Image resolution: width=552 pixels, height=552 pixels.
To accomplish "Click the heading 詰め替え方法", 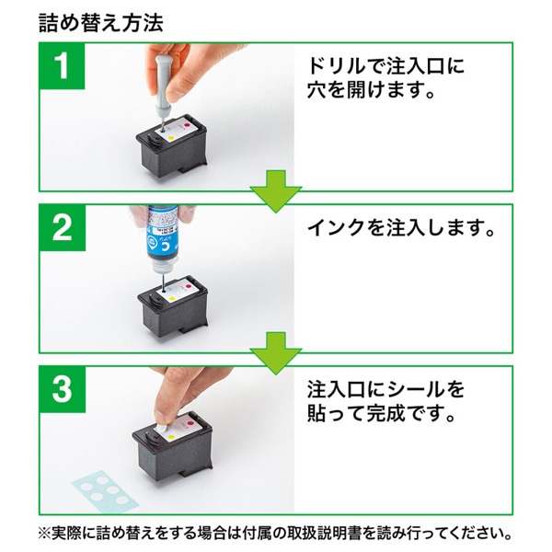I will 101,23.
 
